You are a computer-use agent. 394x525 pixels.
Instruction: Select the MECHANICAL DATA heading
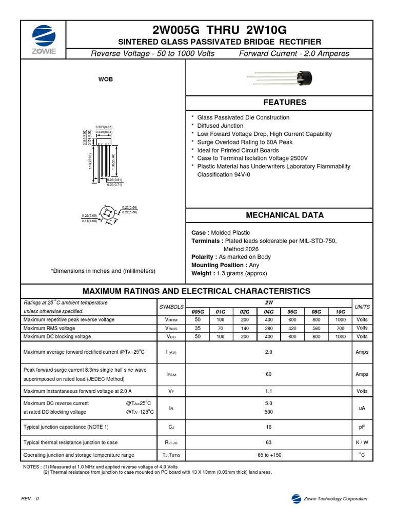point(285,215)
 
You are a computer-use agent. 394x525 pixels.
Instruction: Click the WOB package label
point(106,79)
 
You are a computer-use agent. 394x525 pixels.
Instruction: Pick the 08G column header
point(316,311)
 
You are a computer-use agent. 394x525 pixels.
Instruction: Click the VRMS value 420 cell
point(292,328)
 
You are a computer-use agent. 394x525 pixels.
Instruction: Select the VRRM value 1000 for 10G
point(340,319)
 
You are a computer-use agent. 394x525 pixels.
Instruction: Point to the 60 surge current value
point(269,374)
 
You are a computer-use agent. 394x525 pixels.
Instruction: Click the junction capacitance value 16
point(269,427)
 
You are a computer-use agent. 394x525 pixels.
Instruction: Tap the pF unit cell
point(362,427)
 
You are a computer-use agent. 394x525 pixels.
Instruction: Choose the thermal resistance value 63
point(269,442)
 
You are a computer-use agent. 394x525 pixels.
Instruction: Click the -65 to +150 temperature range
point(269,455)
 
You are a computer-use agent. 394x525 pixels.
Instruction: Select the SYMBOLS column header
point(171,307)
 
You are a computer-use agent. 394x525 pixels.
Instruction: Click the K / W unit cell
point(362,442)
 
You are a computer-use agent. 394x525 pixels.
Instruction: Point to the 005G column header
point(198,311)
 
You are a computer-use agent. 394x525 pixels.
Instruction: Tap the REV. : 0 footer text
point(30,499)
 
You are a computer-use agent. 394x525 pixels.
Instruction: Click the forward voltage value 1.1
point(269,391)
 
